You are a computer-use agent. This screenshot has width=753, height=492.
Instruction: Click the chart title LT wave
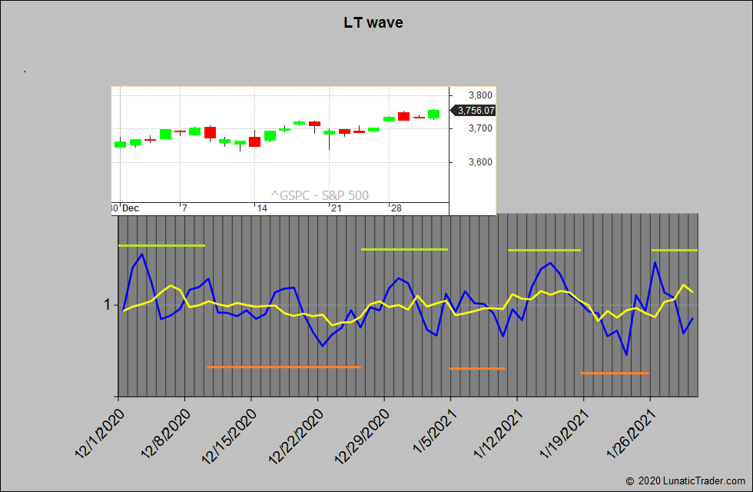(373, 22)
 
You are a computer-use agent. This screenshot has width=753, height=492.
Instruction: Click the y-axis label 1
(108, 305)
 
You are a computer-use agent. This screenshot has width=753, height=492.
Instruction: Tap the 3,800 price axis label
(479, 95)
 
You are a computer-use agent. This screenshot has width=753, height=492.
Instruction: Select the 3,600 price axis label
(479, 162)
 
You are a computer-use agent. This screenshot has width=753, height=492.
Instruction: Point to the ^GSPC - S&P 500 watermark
(320, 195)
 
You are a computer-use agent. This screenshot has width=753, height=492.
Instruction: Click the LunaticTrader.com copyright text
(685, 480)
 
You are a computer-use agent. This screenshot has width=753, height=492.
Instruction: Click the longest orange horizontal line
(284, 367)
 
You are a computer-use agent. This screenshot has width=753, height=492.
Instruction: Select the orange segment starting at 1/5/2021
(477, 368)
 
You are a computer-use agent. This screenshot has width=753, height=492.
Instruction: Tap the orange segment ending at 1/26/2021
(615, 373)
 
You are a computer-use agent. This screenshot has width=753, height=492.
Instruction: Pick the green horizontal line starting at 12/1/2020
(161, 245)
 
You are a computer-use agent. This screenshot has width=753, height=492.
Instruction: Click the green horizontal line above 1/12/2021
(544, 250)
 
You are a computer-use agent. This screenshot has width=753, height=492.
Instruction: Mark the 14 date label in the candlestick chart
(262, 208)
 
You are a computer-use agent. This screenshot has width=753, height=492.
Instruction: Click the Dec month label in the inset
(131, 208)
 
